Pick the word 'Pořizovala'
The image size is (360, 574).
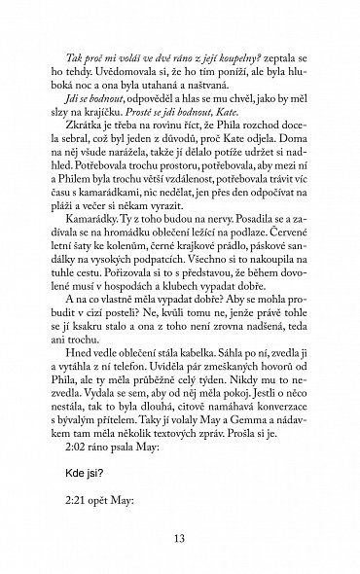(95, 288)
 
